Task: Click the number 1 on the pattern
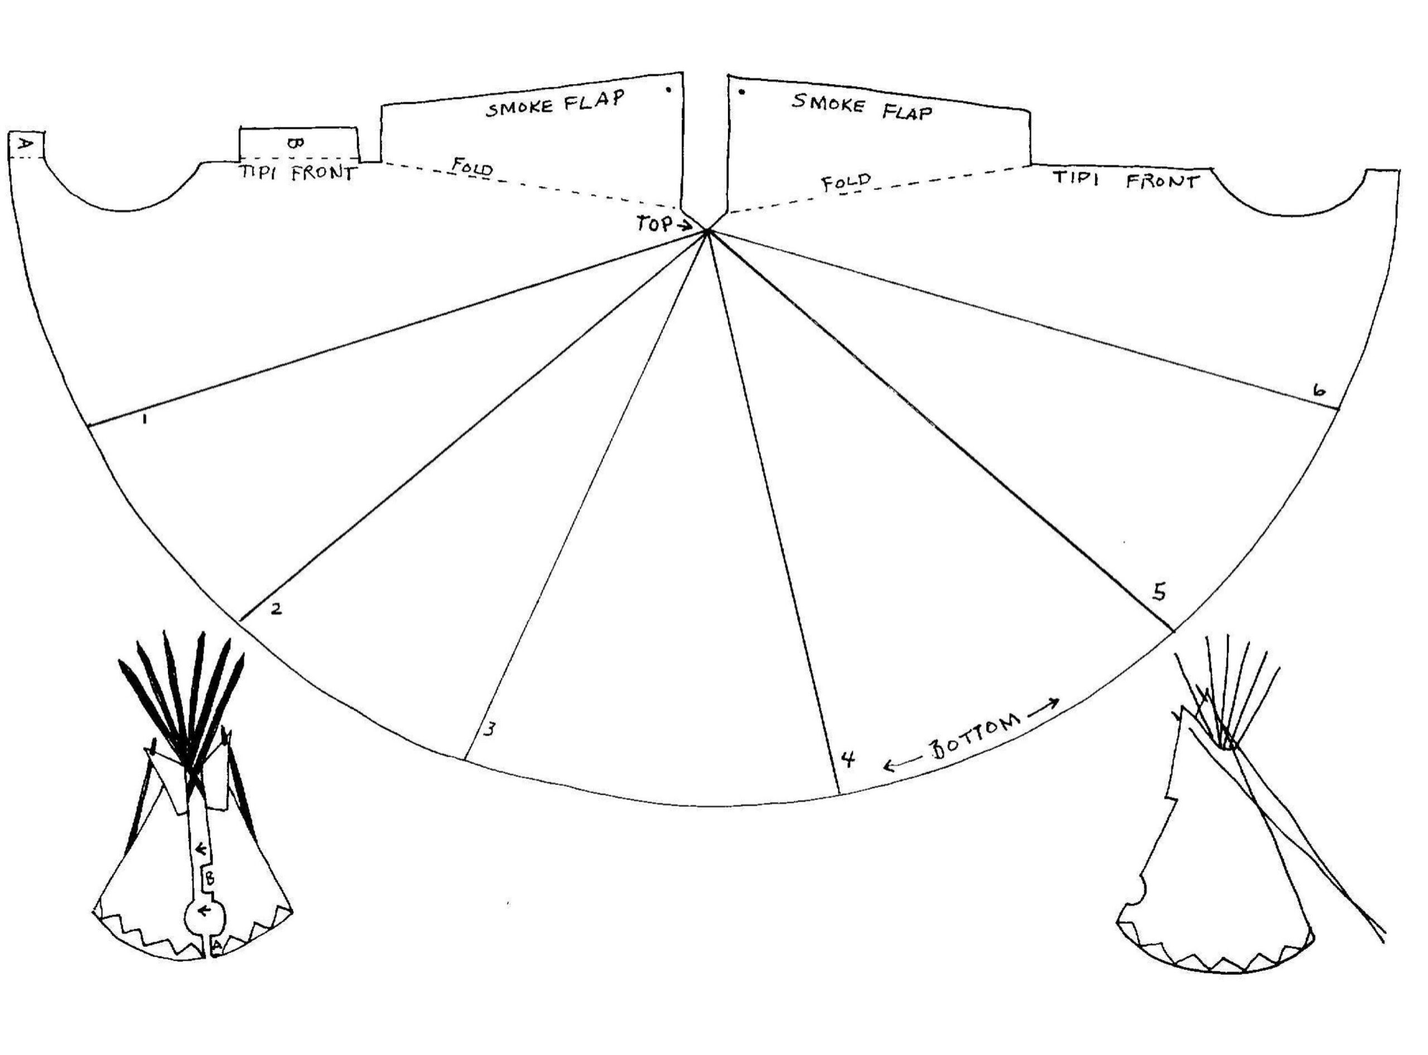click(146, 420)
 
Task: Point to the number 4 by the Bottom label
click(847, 759)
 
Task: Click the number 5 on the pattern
click(1159, 592)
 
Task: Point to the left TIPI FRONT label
click(297, 173)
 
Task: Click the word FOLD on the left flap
click(472, 168)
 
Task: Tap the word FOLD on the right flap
click(846, 182)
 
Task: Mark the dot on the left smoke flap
click(668, 90)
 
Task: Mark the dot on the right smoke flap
click(742, 92)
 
